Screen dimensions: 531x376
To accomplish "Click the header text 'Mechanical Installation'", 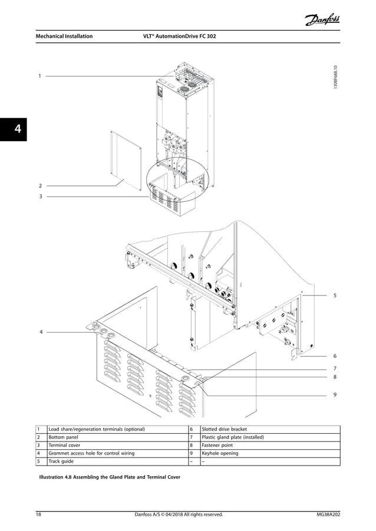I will point(63,36).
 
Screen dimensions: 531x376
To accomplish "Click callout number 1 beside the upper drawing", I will point(39,76).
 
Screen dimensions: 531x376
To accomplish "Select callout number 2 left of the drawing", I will point(39,185).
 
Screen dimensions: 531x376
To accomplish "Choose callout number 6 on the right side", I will point(335,356).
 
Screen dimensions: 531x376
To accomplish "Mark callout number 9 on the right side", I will point(335,395).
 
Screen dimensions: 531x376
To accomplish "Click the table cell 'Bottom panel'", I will point(63,437).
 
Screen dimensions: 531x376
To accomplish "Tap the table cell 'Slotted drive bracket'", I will point(225,429).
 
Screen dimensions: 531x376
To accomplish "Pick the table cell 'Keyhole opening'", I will point(220,454).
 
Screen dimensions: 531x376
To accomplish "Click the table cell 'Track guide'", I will point(61,462).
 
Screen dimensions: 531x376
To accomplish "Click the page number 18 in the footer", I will point(38,515).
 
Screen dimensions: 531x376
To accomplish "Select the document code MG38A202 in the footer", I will point(328,515).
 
